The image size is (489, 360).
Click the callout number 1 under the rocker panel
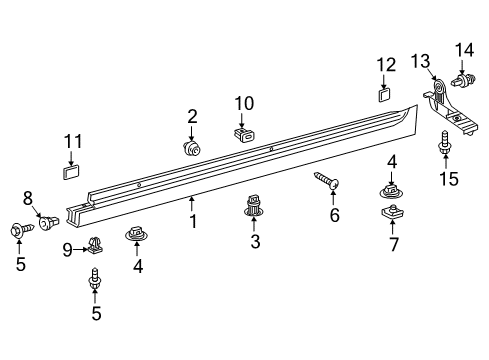pyautogui.click(x=193, y=220)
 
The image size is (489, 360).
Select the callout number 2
pyautogui.click(x=192, y=117)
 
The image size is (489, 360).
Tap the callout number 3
pyautogui.click(x=254, y=242)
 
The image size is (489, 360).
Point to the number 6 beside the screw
pyautogui.click(x=335, y=214)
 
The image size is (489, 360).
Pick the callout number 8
pyautogui.click(x=28, y=197)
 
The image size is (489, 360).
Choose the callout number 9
pyautogui.click(x=68, y=249)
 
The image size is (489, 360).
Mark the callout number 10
pyautogui.click(x=245, y=103)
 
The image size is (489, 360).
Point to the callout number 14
pyautogui.click(x=465, y=50)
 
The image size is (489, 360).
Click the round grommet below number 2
pyautogui.click(x=189, y=147)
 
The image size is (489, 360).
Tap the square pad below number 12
pyautogui.click(x=384, y=95)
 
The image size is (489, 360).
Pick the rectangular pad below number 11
pyautogui.click(x=71, y=170)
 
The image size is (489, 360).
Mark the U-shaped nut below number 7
pyautogui.click(x=391, y=212)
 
